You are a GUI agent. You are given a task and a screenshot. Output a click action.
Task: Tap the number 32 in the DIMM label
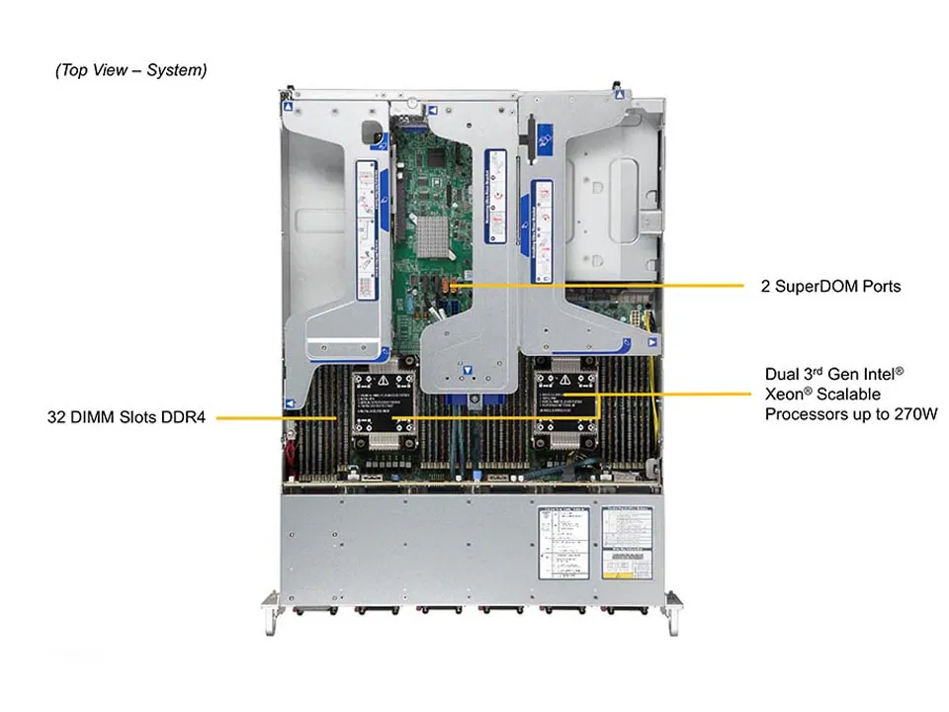point(56,417)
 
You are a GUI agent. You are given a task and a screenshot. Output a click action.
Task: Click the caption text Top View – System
point(131,70)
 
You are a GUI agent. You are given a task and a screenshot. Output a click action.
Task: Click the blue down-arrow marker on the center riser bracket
point(469,375)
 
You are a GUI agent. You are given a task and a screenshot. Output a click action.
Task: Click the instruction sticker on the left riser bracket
point(367,232)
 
